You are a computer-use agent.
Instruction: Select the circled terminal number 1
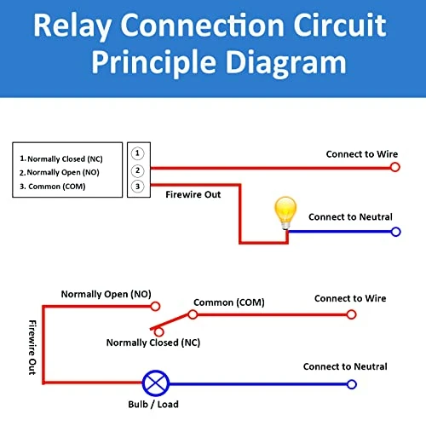[137, 153]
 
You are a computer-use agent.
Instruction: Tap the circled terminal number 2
[137, 170]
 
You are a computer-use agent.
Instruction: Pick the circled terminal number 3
[137, 187]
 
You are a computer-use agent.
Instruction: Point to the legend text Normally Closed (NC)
[67, 159]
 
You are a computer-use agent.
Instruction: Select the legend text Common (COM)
[55, 187]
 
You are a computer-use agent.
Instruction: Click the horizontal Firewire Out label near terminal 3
[193, 195]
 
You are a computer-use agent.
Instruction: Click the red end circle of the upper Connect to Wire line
[394, 168]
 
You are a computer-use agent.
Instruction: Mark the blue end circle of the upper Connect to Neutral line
[395, 231]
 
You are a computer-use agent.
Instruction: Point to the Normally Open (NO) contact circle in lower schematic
[155, 305]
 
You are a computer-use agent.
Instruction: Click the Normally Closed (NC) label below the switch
[154, 343]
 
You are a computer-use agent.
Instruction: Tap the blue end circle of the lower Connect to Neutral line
[350, 383]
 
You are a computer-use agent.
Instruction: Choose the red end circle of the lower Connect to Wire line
[350, 314]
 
